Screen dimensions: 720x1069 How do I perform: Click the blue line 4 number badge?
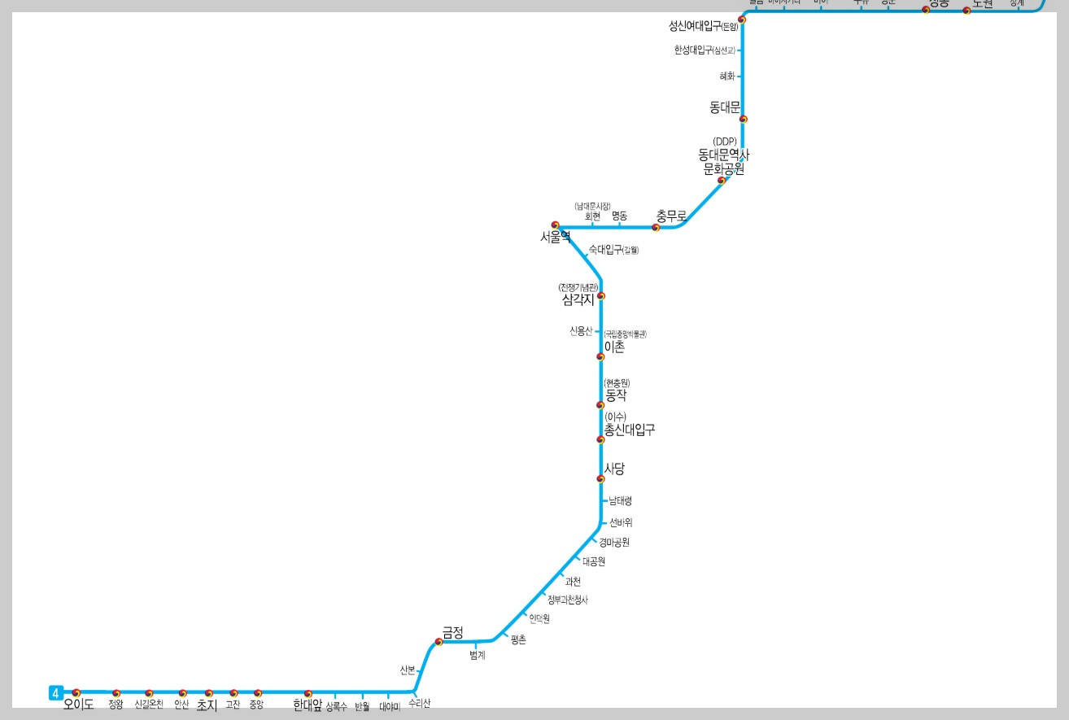pyautogui.click(x=55, y=693)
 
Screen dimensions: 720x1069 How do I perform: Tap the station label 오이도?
pyautogui.click(x=79, y=705)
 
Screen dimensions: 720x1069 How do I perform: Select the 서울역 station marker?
pyautogui.click(x=556, y=225)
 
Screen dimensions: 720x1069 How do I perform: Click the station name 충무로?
pyautogui.click(x=671, y=216)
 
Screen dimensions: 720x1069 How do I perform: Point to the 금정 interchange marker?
pyautogui.click(x=439, y=642)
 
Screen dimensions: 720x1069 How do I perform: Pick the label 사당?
pyautogui.click(x=614, y=469)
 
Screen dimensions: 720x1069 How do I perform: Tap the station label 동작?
pyautogui.click(x=616, y=395)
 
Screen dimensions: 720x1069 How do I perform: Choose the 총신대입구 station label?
pyautogui.click(x=629, y=430)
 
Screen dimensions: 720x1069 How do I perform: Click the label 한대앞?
pyautogui.click(x=308, y=705)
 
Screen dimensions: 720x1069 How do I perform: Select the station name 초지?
pyautogui.click(x=207, y=705)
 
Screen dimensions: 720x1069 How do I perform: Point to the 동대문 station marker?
pyautogui.click(x=743, y=119)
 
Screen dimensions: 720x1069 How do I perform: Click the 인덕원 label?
pyautogui.click(x=539, y=619)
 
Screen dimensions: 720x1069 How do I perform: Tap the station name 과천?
pyautogui.click(x=573, y=582)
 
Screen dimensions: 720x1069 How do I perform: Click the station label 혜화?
pyautogui.click(x=727, y=76)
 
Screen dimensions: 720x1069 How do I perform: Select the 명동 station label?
pyautogui.click(x=619, y=216)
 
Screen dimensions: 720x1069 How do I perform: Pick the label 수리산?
pyautogui.click(x=419, y=703)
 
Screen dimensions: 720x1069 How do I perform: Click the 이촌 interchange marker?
pyautogui.click(x=600, y=356)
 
